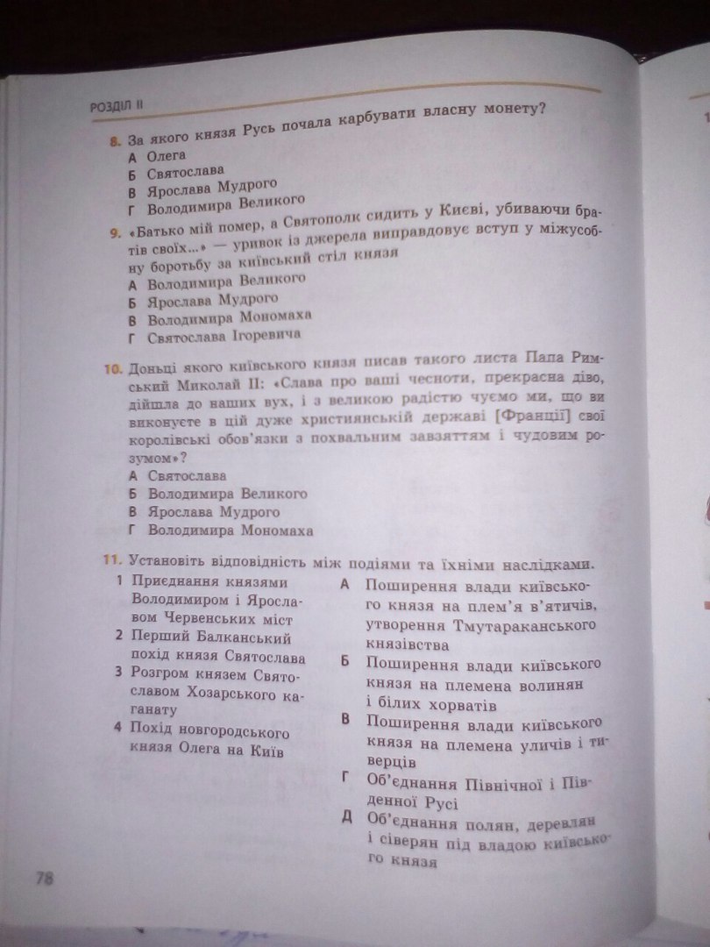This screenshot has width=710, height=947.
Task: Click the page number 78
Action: tap(44, 878)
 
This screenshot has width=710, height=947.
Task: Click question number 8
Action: tap(115, 140)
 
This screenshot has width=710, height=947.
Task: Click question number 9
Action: tap(115, 232)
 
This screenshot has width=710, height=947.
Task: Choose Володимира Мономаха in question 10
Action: tap(230, 530)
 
